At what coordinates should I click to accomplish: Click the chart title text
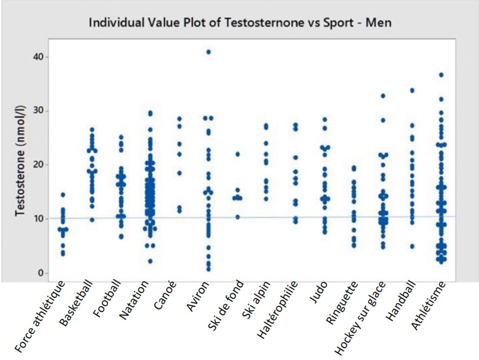(x=240, y=22)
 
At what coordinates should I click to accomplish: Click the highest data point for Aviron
(x=209, y=52)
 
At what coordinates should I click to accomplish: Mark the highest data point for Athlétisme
(x=441, y=75)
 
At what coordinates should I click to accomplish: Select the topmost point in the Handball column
(x=412, y=90)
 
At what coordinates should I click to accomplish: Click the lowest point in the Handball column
(x=412, y=246)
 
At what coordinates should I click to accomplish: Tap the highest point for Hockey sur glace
(x=383, y=96)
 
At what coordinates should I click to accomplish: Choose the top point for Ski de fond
(x=238, y=154)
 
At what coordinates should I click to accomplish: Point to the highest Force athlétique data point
(x=63, y=194)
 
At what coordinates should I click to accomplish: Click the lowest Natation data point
(x=150, y=261)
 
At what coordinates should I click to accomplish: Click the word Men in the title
(x=380, y=22)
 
